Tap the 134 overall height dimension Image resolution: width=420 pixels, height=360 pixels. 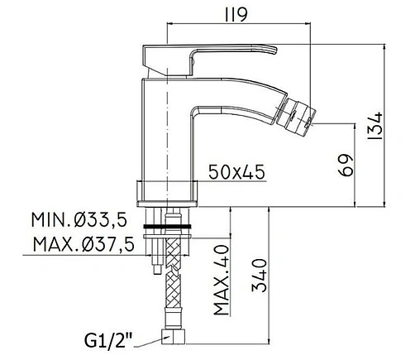click(375, 125)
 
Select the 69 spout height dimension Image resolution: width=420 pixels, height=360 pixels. click(346, 165)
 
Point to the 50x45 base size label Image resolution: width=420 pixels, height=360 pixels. click(236, 172)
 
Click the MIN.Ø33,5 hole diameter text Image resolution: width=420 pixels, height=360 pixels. click(79, 220)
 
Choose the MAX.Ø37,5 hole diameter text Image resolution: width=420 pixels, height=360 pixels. click(84, 244)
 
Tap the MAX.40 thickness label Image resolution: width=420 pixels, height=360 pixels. click(222, 280)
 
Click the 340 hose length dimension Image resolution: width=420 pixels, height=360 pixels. click(259, 275)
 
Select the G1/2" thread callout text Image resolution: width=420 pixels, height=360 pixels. click(108, 340)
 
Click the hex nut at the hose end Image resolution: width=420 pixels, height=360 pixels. click(173, 336)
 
